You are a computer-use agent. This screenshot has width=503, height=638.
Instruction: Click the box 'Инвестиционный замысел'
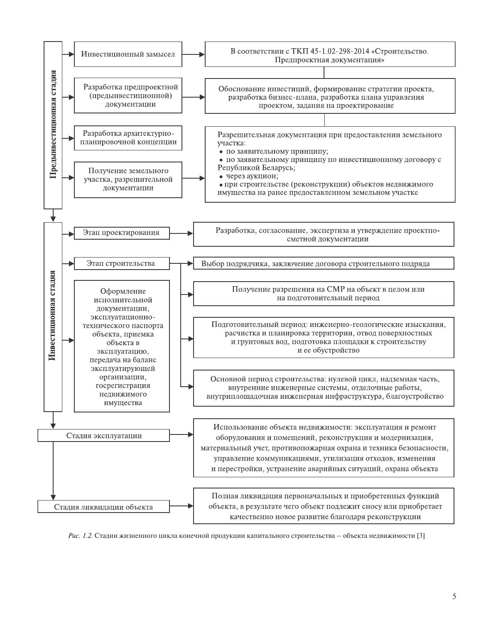(x=128, y=54)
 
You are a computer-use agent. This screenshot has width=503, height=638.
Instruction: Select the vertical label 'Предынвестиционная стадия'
(x=53, y=125)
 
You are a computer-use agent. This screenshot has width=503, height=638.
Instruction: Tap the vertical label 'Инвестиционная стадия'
(x=53, y=316)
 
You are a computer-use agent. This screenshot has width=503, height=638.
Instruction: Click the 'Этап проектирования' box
(x=122, y=233)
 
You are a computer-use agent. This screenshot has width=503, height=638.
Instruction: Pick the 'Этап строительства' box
(x=122, y=263)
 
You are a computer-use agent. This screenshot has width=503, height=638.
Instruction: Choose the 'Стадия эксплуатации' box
(x=104, y=436)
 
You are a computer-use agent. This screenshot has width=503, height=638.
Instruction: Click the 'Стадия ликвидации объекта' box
(x=104, y=507)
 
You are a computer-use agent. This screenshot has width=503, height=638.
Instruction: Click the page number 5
(x=454, y=596)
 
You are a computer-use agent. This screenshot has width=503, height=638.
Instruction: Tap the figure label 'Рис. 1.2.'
(x=81, y=536)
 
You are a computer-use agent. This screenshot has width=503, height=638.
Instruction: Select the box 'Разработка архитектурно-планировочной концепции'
(x=128, y=137)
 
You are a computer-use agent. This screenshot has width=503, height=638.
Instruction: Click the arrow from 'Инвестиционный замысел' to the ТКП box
(x=194, y=54)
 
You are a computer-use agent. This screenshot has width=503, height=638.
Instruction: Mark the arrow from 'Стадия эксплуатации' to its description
(x=182, y=435)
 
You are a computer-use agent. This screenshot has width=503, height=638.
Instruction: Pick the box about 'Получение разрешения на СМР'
(x=324, y=294)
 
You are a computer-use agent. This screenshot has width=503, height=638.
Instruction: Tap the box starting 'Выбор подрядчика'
(x=324, y=263)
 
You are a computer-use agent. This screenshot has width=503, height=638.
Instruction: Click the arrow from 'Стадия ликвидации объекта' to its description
(x=182, y=506)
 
